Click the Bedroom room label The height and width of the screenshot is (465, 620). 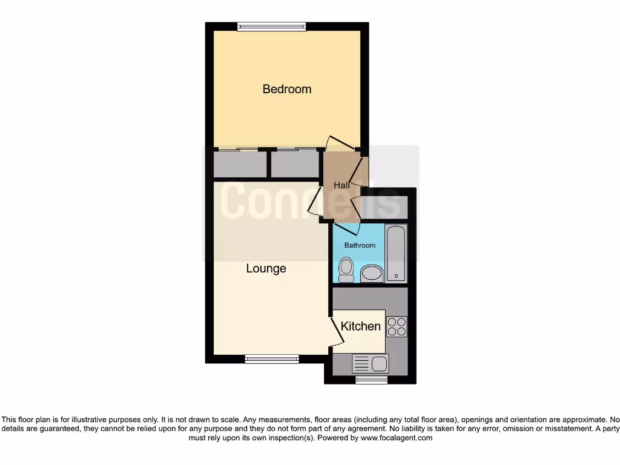pyautogui.click(x=287, y=89)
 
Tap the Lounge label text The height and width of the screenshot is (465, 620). pyautogui.click(x=266, y=268)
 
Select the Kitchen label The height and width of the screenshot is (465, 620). pyautogui.click(x=361, y=326)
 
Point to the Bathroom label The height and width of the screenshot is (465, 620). pyautogui.click(x=360, y=245)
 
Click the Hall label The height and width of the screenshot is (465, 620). pyautogui.click(x=341, y=185)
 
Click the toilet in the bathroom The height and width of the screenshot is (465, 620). pyautogui.click(x=346, y=269)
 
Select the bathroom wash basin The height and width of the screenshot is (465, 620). pyautogui.click(x=372, y=274)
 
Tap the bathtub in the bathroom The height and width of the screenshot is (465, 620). pyautogui.click(x=397, y=253)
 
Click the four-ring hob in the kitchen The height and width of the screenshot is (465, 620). pyautogui.click(x=397, y=327)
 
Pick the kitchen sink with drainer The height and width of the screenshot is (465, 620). pyautogui.click(x=371, y=363)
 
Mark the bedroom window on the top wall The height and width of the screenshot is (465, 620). pyautogui.click(x=272, y=26)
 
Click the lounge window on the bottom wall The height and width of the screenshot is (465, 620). pyautogui.click(x=272, y=359)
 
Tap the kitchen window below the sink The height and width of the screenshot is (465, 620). pyautogui.click(x=371, y=380)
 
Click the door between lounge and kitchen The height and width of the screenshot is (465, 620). pyautogui.click(x=334, y=331)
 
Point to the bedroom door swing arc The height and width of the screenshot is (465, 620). pyautogui.click(x=339, y=143)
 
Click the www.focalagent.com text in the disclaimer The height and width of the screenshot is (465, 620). pyautogui.click(x=396, y=438)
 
